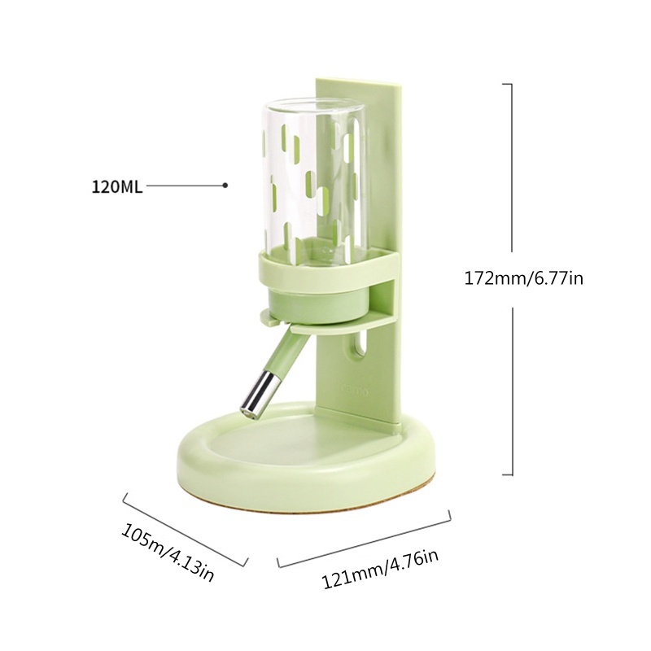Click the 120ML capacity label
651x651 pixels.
[116, 186]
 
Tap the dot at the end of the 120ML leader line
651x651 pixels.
[225, 186]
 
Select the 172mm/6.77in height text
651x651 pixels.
[523, 278]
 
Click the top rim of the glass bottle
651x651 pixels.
[314, 103]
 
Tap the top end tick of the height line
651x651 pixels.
[508, 84]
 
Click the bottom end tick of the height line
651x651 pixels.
[508, 474]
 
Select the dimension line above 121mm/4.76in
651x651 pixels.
[365, 538]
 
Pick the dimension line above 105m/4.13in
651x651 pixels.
[185, 529]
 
